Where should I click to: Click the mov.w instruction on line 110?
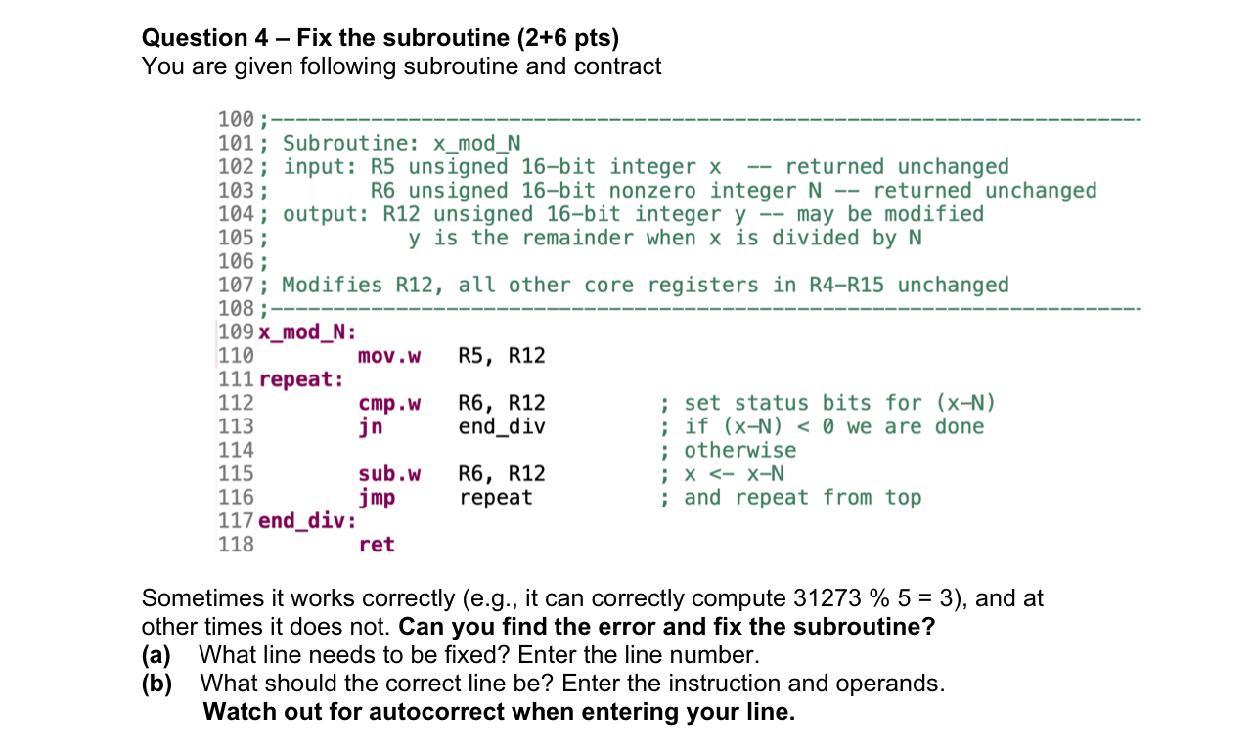389,356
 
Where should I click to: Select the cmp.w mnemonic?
389,403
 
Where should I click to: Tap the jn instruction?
371,426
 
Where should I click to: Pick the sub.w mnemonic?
389,474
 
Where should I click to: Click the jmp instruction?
377,498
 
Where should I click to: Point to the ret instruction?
377,545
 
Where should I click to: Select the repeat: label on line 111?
301,379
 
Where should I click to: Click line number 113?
236,426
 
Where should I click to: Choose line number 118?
236,545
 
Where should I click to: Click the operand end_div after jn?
502,426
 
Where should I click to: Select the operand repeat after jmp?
496,498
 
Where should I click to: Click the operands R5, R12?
502,356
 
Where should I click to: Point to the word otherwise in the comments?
740,451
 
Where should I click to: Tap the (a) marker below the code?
156,655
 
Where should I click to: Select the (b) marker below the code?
156,683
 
